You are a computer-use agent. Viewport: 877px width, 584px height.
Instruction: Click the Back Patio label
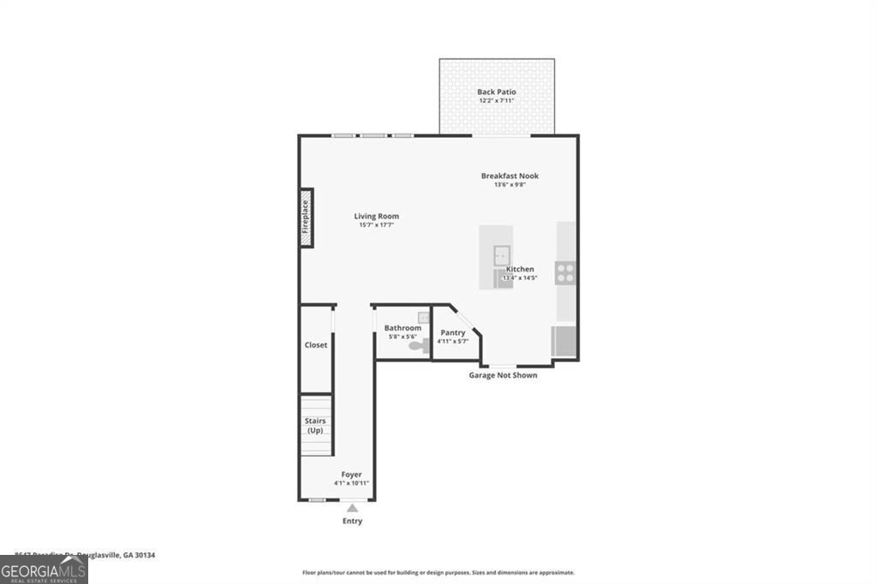click(x=497, y=92)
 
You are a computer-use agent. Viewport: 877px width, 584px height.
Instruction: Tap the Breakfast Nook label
click(x=510, y=176)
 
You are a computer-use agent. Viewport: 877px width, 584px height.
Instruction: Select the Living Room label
click(x=377, y=216)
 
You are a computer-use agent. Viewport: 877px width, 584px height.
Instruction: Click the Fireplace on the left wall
click(x=306, y=218)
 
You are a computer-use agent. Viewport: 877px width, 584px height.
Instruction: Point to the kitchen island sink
click(x=501, y=253)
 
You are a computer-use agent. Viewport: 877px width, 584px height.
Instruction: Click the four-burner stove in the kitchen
click(x=565, y=273)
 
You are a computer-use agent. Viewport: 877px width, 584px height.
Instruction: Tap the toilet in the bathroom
click(x=417, y=346)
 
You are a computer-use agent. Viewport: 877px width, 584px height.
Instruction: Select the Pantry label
click(x=453, y=332)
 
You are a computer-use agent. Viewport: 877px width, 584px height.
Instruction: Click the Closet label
click(x=316, y=345)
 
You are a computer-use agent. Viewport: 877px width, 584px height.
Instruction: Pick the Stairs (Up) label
click(x=315, y=425)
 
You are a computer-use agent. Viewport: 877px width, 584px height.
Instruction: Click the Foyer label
click(x=351, y=474)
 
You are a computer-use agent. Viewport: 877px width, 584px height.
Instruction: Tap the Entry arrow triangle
click(x=352, y=509)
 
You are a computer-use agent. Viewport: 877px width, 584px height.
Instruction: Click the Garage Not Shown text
click(x=503, y=375)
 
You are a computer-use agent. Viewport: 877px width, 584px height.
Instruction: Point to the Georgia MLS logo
click(x=44, y=570)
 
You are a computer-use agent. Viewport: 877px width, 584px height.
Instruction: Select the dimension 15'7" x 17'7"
click(x=377, y=225)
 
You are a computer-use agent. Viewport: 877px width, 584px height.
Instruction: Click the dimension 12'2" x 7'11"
click(x=497, y=101)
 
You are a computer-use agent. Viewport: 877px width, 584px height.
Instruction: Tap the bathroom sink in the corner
click(x=422, y=318)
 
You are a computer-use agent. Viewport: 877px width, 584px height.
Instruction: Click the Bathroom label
click(x=403, y=328)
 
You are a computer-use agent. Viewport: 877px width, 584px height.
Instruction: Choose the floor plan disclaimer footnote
click(x=438, y=573)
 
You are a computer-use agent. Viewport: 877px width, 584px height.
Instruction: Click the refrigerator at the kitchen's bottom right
click(x=565, y=341)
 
